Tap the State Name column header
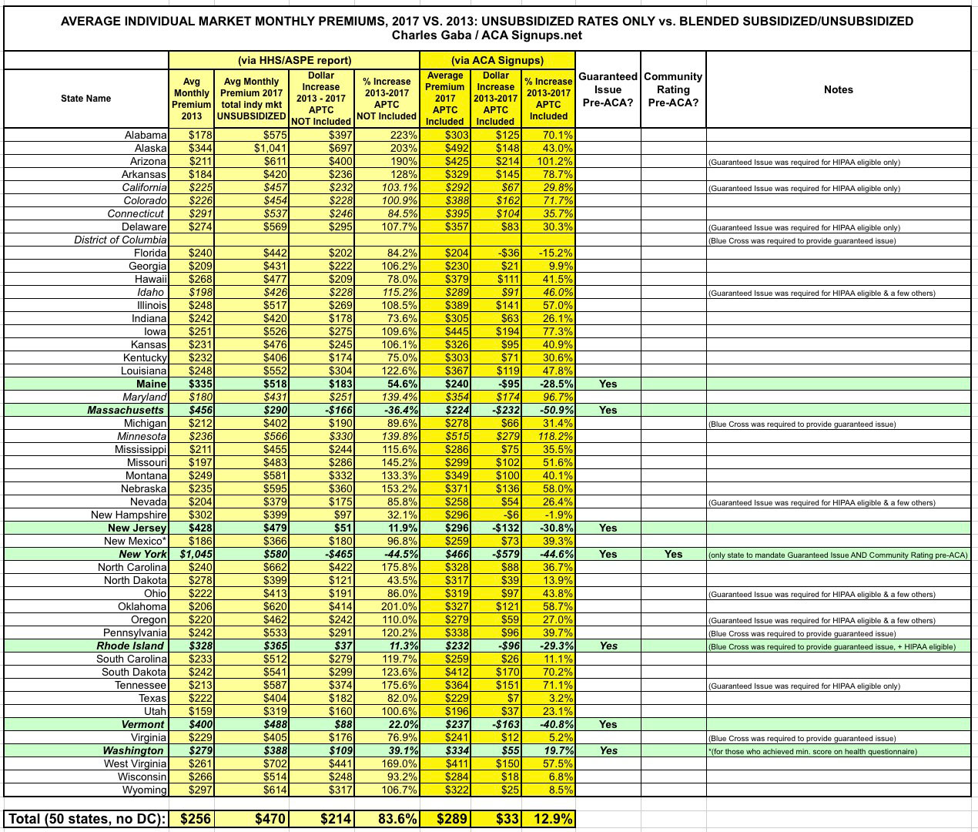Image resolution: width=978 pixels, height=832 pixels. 86,99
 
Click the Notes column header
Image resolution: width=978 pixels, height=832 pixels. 838,89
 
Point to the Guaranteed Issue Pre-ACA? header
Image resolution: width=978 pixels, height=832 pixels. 608,89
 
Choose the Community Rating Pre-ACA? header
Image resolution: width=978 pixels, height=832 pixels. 673,89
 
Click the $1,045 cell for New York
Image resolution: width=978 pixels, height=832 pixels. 196,554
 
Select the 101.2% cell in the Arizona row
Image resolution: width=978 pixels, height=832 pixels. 548,161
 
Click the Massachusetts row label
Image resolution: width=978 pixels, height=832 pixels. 126,410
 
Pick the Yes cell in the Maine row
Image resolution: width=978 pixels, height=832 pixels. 608,384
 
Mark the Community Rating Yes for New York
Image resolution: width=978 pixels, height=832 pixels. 673,554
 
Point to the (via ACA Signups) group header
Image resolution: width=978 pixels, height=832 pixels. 497,60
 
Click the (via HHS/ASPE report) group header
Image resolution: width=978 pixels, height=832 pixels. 294,60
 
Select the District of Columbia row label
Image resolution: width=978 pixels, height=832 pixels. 120,240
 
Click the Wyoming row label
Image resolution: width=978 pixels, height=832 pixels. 145,790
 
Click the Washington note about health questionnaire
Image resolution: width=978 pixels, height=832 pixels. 812,751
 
